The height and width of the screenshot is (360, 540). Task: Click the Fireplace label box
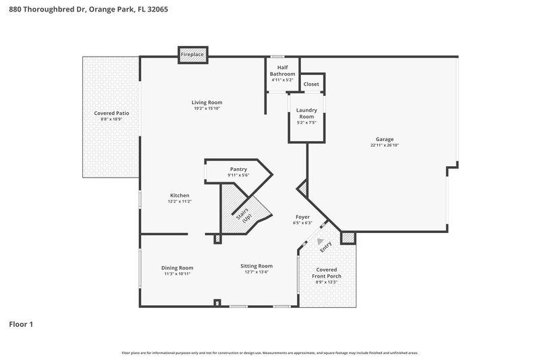pyautogui.click(x=192, y=53)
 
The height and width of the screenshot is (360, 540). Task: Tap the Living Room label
pyautogui.click(x=207, y=103)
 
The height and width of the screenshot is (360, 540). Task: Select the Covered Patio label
pyautogui.click(x=111, y=113)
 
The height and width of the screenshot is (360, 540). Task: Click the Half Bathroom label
pyautogui.click(x=282, y=70)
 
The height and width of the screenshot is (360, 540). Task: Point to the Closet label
pyautogui.click(x=311, y=84)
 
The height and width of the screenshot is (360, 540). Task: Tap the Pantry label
pyautogui.click(x=238, y=170)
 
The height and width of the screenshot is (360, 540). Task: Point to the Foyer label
pyautogui.click(x=302, y=217)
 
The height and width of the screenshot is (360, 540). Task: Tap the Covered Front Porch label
pyautogui.click(x=327, y=273)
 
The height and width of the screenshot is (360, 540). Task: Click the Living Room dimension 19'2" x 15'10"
pyautogui.click(x=207, y=109)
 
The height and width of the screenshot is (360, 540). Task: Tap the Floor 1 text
pyautogui.click(x=21, y=324)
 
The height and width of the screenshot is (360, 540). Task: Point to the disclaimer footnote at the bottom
pyautogui.click(x=269, y=353)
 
